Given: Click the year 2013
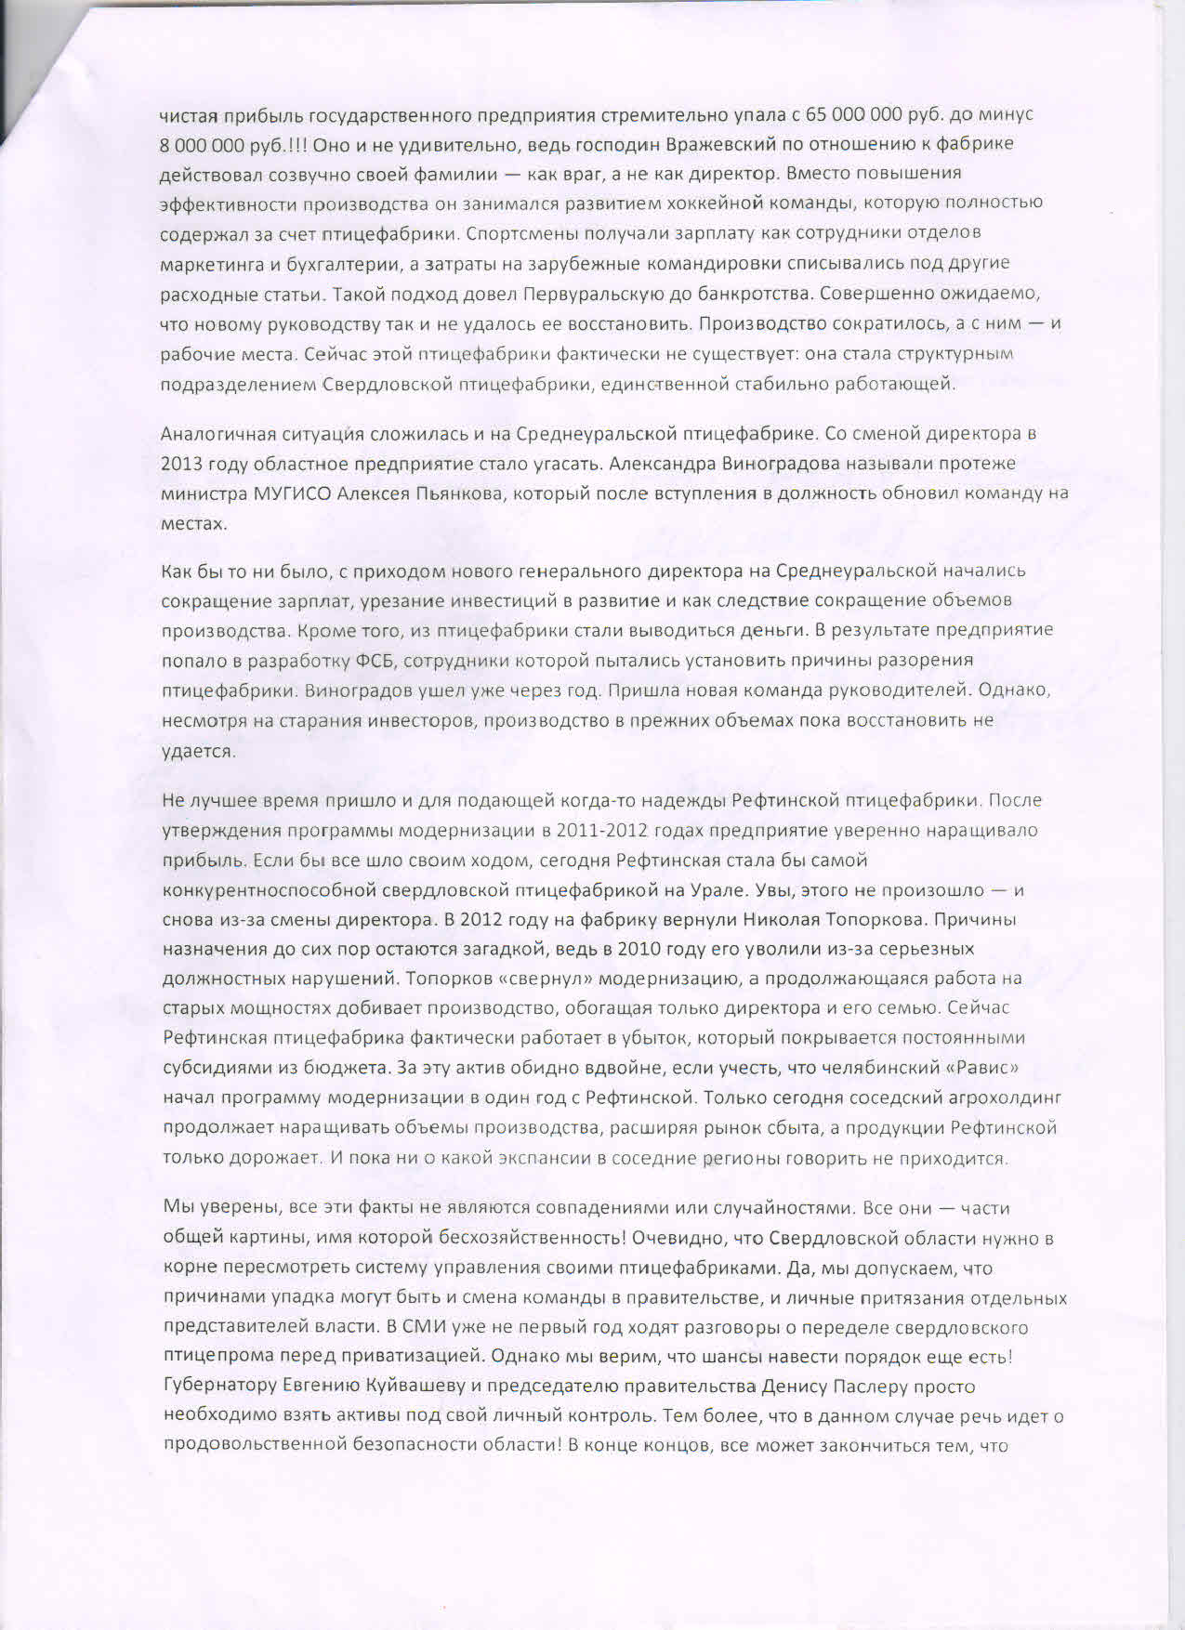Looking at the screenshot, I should point(180,464).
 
